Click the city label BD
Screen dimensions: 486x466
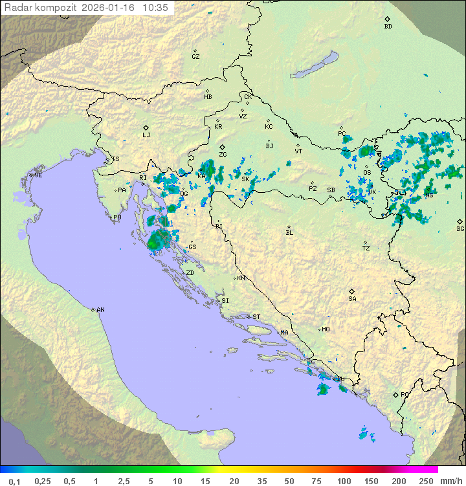coord(388,27)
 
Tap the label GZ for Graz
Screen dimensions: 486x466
coord(195,57)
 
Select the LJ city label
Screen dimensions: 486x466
coord(146,135)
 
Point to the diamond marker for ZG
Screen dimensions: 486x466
coord(222,148)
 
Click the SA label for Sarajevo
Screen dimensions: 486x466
coord(352,299)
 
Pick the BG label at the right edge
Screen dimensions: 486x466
coord(460,229)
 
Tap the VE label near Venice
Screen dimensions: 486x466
coord(38,175)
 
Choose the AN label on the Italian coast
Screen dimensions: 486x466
coord(100,310)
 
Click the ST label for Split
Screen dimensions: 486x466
coord(256,317)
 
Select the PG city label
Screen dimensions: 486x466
coord(405,394)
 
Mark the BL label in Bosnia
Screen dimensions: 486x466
coord(289,233)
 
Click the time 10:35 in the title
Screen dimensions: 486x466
coord(155,8)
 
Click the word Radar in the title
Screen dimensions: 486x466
coord(17,8)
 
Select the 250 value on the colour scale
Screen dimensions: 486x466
coord(426,481)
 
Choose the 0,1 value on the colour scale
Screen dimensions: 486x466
coord(14,481)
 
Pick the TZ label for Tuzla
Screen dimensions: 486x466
coord(366,249)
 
